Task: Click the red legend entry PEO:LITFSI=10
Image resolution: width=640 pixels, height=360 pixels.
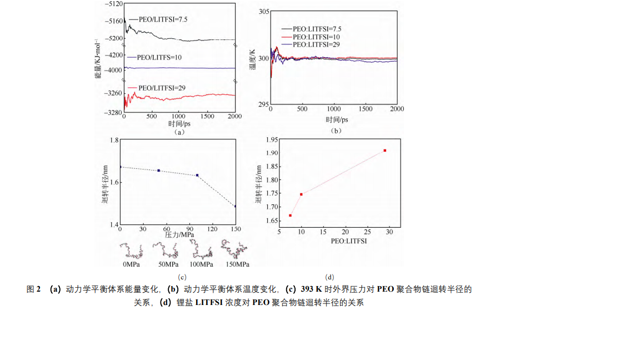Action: pos(316,37)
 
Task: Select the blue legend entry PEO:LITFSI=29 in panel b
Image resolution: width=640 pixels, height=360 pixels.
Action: pos(316,44)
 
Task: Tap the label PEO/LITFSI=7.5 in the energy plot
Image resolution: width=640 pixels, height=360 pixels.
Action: pos(159,19)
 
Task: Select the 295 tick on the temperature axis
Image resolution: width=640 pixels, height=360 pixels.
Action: pos(264,104)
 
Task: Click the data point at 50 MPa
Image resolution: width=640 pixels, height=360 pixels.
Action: pos(159,171)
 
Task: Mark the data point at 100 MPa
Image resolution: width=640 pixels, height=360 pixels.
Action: pos(197,176)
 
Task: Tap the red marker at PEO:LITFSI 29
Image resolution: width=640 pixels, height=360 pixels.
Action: pos(384,151)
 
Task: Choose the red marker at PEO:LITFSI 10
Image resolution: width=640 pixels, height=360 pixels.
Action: pos(301,194)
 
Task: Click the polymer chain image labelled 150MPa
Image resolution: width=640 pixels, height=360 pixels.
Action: pos(234,249)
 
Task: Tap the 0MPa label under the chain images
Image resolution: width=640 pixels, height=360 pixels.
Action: pos(131,264)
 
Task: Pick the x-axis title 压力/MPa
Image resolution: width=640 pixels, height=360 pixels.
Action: pos(179,235)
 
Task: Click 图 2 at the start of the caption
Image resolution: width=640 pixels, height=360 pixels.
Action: pos(34,289)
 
